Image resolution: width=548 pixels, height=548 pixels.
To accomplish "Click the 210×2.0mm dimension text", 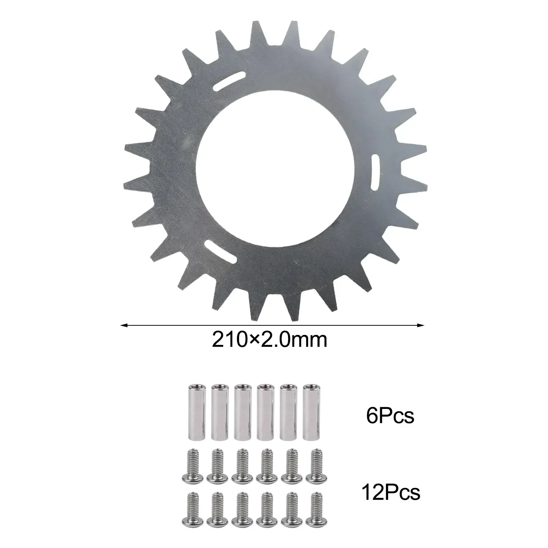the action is (270, 340).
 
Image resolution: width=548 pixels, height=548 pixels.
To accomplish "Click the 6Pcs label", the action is (390, 416).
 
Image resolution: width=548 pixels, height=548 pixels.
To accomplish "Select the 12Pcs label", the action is (390, 493).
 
